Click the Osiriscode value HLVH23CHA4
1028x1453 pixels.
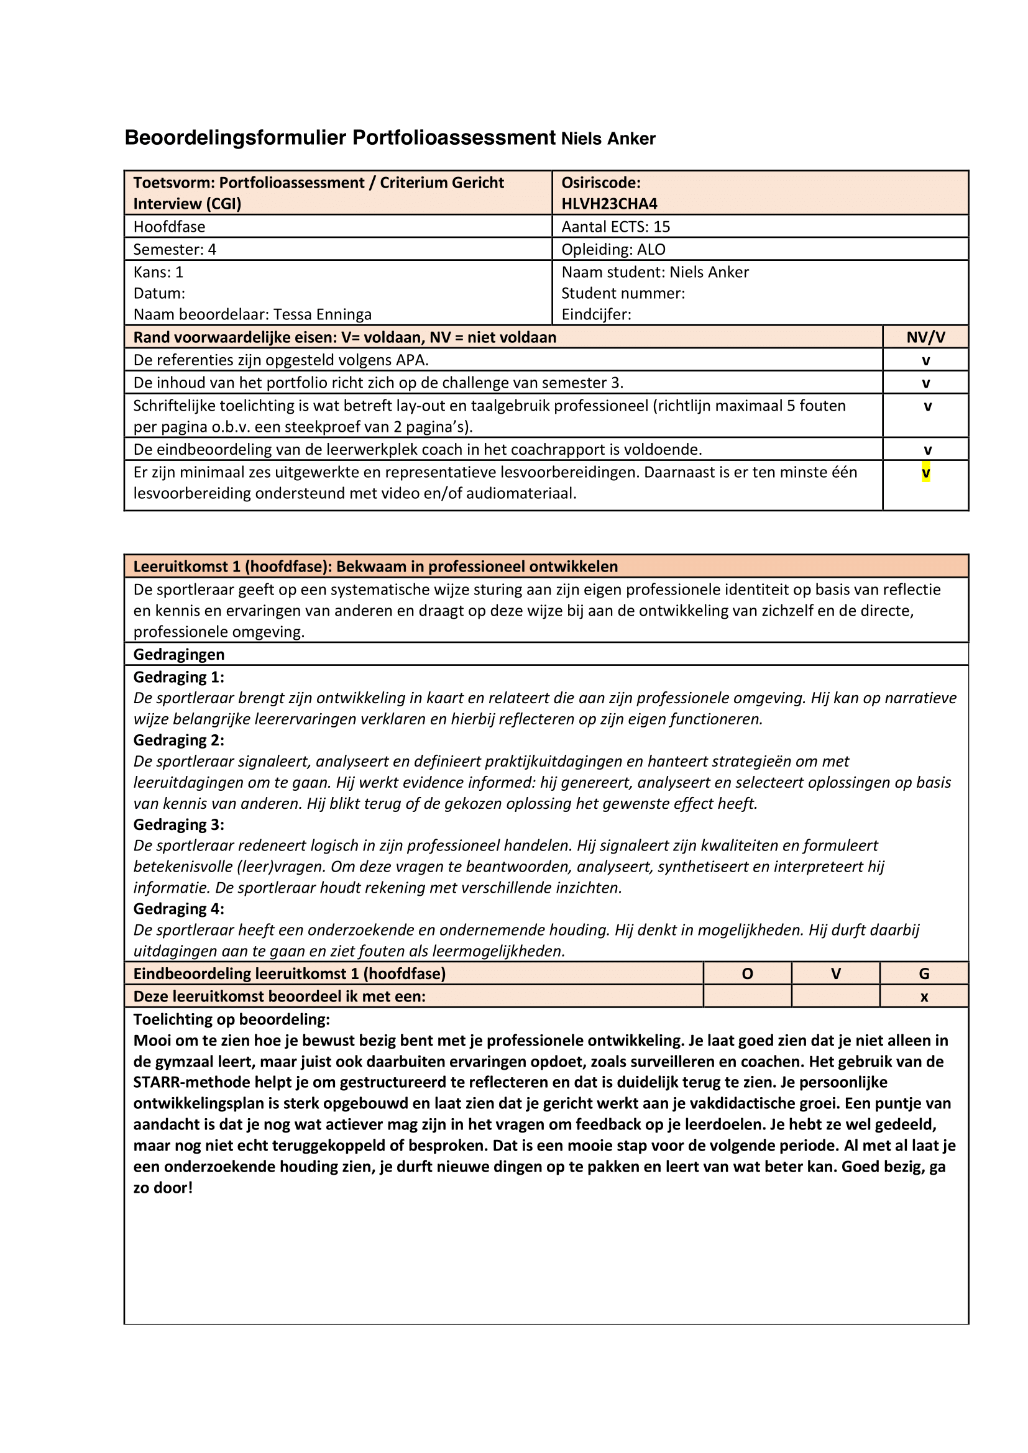point(609,204)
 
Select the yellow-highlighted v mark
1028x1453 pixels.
point(925,473)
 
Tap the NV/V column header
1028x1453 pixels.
point(925,337)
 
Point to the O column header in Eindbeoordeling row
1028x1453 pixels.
point(747,974)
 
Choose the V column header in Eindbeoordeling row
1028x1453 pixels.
point(835,974)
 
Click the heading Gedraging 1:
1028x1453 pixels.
point(178,677)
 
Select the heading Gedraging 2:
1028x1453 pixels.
point(178,740)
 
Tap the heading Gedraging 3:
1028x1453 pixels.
point(178,824)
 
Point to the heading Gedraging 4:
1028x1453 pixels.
point(178,909)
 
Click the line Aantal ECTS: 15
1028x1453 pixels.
point(615,227)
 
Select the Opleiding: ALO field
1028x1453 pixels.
point(613,249)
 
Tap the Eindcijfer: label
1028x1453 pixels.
point(595,314)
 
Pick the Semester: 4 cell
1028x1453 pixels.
point(175,249)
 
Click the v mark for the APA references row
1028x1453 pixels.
point(925,361)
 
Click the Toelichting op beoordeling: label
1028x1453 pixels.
point(231,1019)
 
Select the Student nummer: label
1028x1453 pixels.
point(623,293)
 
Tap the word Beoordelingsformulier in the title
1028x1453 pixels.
point(236,138)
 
